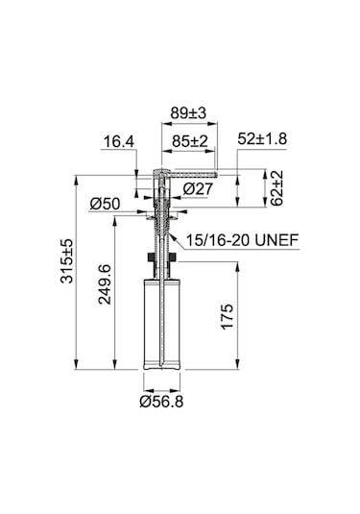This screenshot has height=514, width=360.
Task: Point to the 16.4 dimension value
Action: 118,142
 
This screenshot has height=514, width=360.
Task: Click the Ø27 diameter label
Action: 197,188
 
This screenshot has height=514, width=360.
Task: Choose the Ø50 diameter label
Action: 104,203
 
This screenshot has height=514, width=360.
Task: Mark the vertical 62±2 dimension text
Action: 276,188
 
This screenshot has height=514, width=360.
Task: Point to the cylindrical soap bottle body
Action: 161,322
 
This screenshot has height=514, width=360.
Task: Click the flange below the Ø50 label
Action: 161,218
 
